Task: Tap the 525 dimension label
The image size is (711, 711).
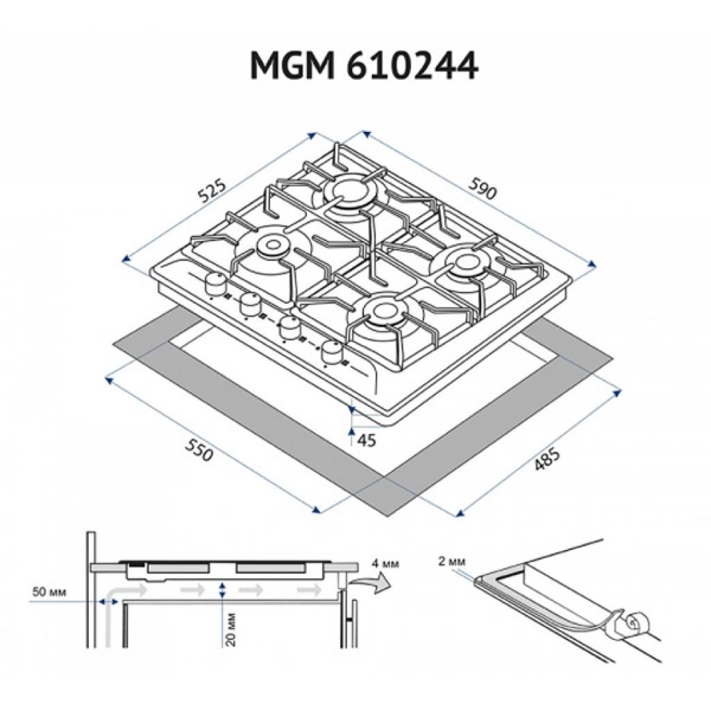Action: coord(211,191)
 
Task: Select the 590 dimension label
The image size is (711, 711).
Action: coord(483,189)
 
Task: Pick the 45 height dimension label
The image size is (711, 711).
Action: coord(367,440)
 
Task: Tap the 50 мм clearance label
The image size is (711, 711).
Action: coord(49,592)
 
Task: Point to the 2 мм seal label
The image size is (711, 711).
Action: coord(451,561)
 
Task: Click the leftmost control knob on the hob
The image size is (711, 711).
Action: coord(215,284)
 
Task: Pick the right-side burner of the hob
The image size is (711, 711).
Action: coord(467,264)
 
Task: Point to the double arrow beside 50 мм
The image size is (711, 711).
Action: coord(109,601)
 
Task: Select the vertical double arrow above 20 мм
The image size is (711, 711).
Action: coord(221,590)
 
